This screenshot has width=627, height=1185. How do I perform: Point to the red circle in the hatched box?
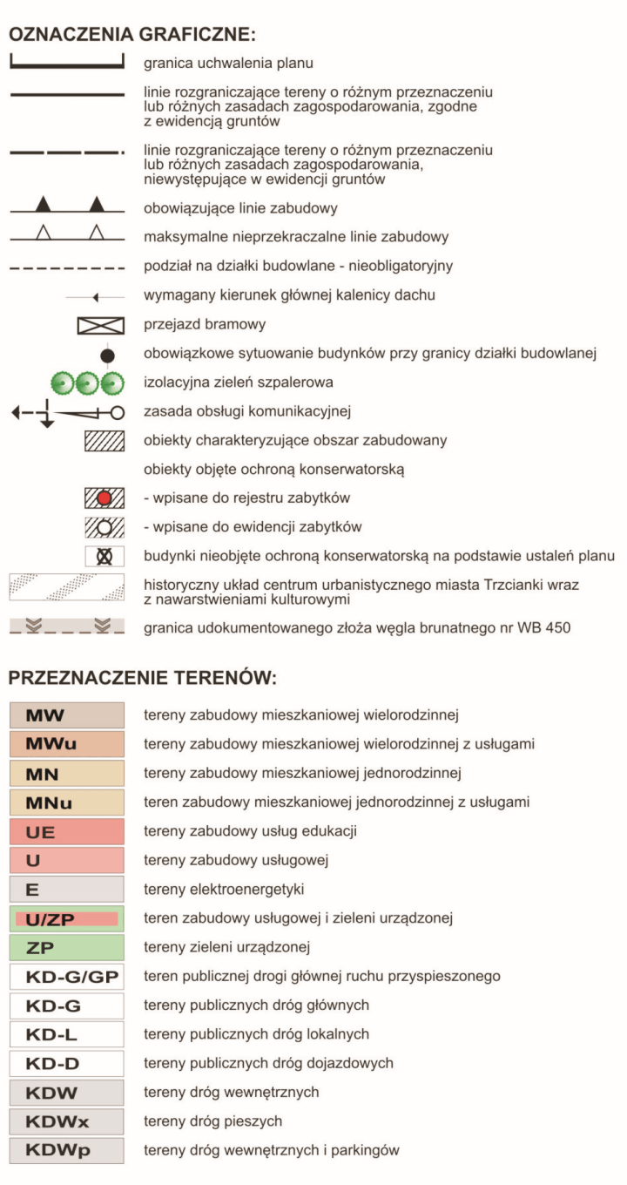pyautogui.click(x=104, y=498)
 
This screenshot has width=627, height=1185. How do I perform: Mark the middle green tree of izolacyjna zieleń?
pyautogui.click(x=85, y=383)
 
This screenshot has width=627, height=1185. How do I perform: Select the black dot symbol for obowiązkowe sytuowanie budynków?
pyautogui.click(x=107, y=355)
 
